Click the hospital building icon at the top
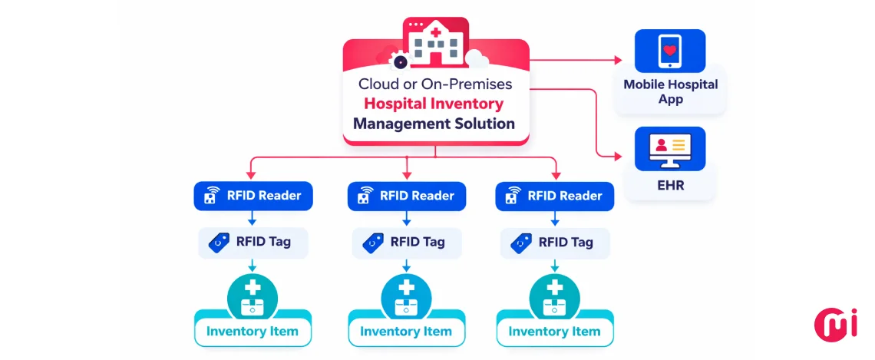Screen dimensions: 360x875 click(436, 42)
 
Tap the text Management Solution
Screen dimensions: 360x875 click(434, 124)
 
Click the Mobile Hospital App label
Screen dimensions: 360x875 click(670, 91)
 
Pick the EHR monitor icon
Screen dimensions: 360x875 click(670, 148)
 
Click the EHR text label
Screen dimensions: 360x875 click(670, 185)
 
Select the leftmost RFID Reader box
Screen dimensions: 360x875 click(253, 196)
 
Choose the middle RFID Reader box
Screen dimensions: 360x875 click(407, 196)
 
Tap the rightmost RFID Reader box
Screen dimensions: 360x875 click(555, 196)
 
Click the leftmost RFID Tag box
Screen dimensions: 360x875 click(253, 242)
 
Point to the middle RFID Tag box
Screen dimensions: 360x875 click(407, 242)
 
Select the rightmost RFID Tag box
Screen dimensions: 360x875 click(555, 242)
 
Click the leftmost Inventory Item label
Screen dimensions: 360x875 click(253, 332)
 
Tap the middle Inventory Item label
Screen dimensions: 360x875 click(407, 332)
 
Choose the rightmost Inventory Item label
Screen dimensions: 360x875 click(555, 332)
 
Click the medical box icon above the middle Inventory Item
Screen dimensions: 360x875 click(407, 296)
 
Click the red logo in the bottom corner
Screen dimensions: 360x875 click(835, 322)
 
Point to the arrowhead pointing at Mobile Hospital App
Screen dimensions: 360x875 click(619, 60)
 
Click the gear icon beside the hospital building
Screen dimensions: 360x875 click(399, 60)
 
